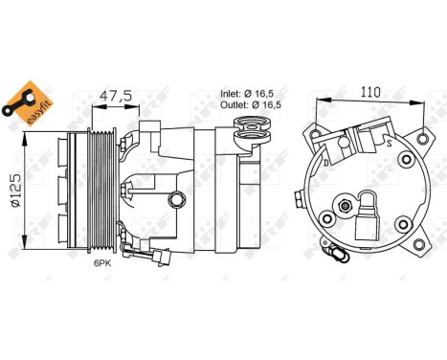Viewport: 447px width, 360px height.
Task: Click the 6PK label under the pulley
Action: [x=102, y=263]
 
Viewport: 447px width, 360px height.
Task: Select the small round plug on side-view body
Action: [x=179, y=198]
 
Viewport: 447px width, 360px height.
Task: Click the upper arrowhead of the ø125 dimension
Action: [x=33, y=135]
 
